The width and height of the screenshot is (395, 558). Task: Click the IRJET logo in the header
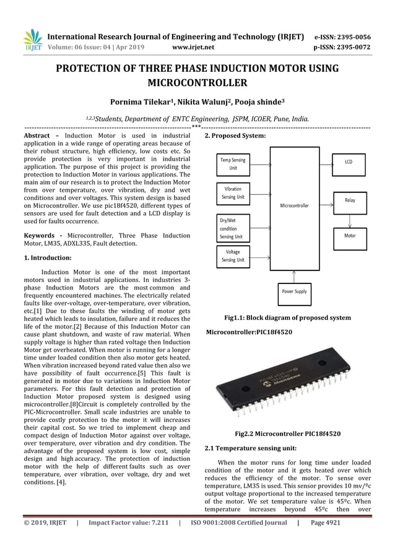point(32,40)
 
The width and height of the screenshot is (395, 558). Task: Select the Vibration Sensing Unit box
point(233,193)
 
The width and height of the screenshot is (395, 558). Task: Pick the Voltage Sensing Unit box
point(233,256)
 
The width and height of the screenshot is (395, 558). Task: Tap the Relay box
point(349,200)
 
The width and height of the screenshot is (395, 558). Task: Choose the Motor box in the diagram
point(349,236)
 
